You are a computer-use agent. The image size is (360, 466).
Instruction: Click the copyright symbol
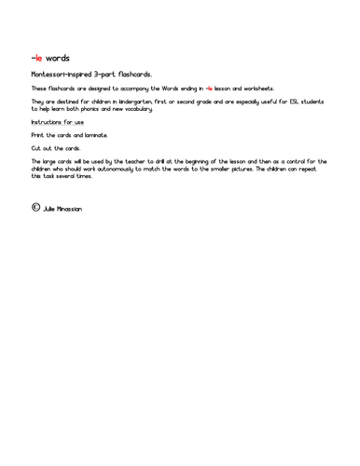click(x=35, y=207)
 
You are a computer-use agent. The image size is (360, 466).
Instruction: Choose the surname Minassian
click(x=70, y=209)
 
